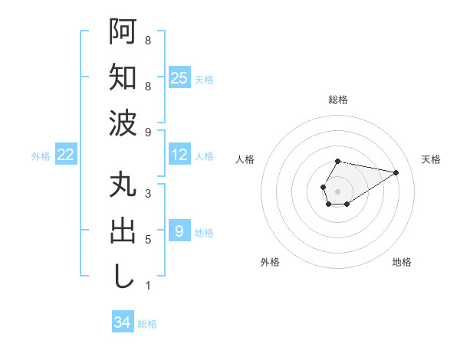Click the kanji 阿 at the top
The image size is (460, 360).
(123, 33)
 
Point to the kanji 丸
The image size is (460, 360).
(123, 188)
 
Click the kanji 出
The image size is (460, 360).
(123, 231)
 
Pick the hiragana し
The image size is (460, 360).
(123, 275)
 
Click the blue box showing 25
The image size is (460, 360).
(179, 77)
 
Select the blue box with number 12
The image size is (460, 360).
(179, 155)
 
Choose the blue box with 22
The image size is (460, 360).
(66, 155)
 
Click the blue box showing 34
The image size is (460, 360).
(122, 322)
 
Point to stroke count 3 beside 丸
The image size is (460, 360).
(147, 194)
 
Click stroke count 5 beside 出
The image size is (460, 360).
(147, 240)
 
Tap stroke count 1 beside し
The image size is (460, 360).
(147, 286)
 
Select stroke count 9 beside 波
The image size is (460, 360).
(147, 133)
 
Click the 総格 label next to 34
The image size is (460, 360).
(148, 324)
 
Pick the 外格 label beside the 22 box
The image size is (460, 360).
(41, 156)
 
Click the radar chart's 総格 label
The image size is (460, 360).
(337, 100)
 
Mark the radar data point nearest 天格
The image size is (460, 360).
(396, 172)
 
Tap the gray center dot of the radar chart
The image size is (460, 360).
(337, 190)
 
